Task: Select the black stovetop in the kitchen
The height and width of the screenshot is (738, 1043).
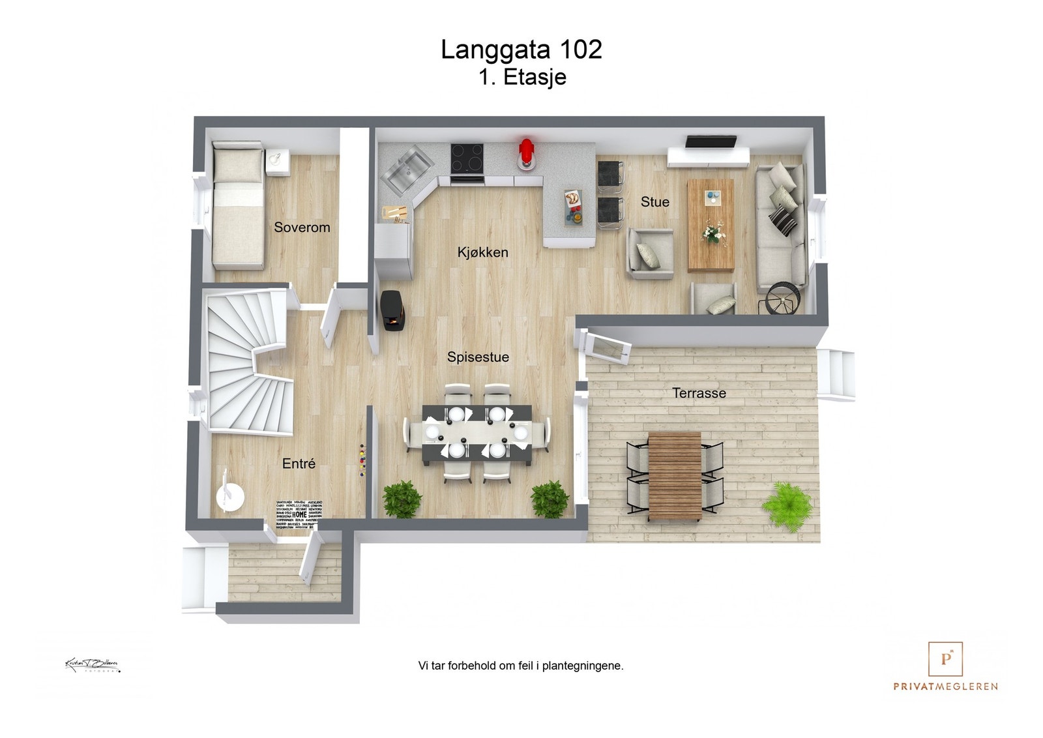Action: coord(467,158)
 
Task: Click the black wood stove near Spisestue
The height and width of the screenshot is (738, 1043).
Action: coord(393,310)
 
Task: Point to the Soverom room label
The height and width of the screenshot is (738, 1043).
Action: coord(302,228)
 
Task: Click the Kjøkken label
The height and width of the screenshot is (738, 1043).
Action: coord(482,252)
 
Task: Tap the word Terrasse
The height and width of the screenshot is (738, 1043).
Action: coord(699,393)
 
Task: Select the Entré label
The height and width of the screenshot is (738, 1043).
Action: coord(299,464)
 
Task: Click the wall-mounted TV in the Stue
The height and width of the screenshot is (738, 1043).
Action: coord(711,141)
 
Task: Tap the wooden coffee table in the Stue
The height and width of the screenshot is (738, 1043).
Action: coord(711,225)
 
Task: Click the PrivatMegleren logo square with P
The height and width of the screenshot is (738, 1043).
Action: coord(945,658)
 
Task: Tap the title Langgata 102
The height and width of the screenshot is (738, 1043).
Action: coord(521,50)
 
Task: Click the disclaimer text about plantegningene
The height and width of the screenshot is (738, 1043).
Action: coord(520,666)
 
